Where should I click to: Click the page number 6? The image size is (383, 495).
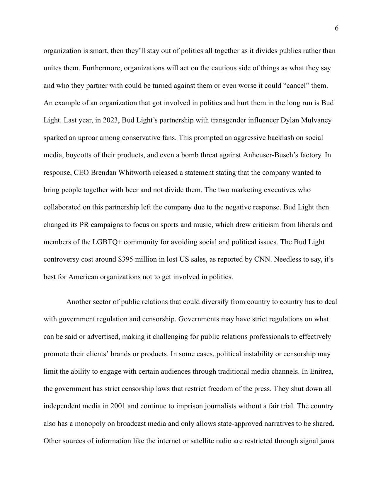[x=336, y=28]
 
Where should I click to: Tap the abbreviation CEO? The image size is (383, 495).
[x=81, y=173]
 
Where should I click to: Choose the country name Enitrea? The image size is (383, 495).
[x=322, y=371]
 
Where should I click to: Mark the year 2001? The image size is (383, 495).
[x=118, y=406]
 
